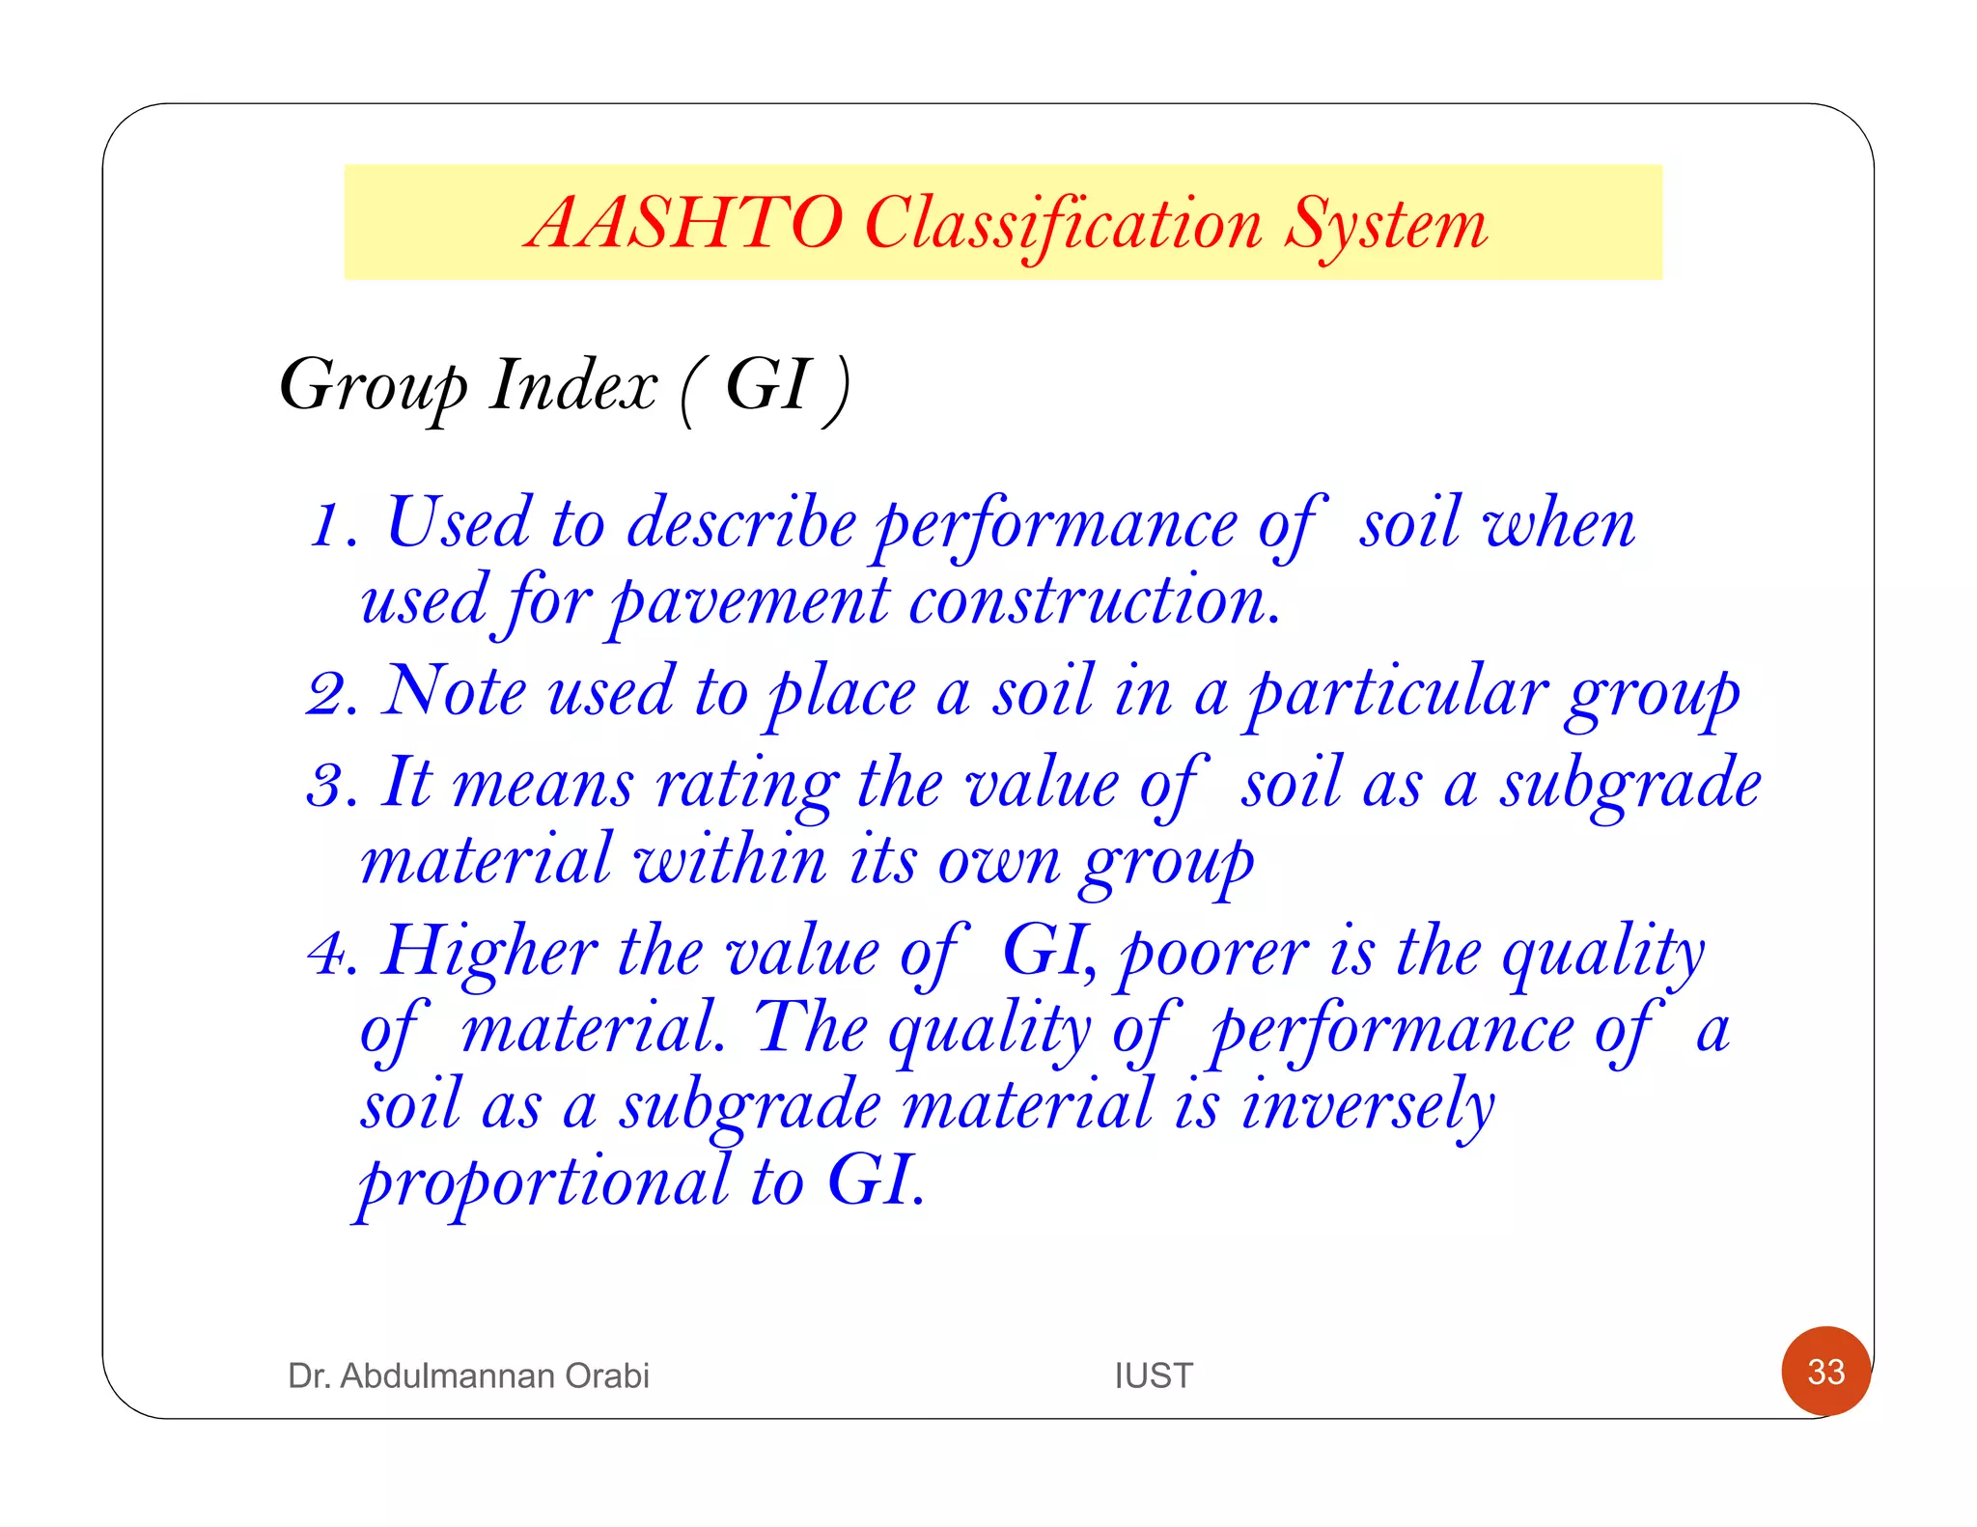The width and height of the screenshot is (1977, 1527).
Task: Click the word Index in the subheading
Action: pos(573,386)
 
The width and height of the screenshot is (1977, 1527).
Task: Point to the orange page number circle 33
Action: pos(1825,1371)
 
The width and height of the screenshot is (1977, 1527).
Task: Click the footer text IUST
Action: pos(1154,1375)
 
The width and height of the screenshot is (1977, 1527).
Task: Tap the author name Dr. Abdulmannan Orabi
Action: pos(468,1375)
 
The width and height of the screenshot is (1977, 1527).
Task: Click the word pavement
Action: pos(749,604)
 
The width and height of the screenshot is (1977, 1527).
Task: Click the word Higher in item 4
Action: pos(489,954)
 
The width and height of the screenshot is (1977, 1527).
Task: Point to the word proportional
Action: pos(543,1183)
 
